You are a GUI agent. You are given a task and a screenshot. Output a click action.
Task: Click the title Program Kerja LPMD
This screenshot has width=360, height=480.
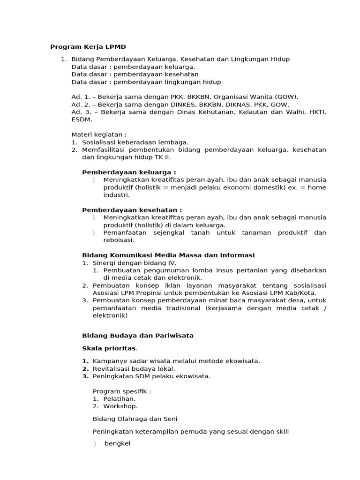[88, 47]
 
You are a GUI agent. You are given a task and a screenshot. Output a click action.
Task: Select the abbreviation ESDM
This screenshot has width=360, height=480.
[80, 120]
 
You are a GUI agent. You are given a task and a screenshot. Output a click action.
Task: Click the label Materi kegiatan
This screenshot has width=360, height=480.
[99, 135]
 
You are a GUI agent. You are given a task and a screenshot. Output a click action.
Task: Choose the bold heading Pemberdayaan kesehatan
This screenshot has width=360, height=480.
[132, 210]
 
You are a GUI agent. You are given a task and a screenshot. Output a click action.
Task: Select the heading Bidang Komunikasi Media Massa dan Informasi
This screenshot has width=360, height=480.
[168, 255]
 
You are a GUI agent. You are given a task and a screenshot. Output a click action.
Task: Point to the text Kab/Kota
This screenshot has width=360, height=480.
[302, 293]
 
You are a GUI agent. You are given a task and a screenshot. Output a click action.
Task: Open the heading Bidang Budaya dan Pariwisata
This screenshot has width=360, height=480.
[138, 336]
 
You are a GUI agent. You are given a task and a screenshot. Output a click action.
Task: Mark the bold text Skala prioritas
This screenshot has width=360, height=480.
[110, 348]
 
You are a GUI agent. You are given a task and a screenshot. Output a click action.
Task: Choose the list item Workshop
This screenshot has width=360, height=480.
[120, 406]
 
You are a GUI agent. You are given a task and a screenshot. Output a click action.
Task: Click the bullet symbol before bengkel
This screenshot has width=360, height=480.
[94, 444]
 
